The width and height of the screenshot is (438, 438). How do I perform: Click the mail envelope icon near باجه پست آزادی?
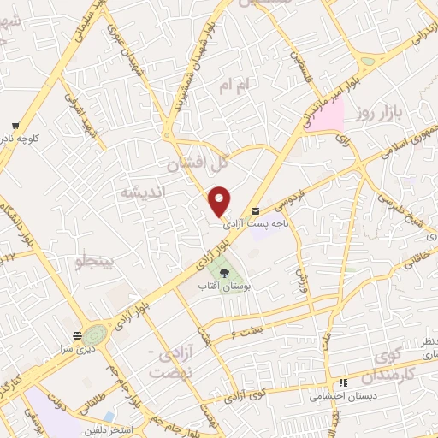coord(254,211)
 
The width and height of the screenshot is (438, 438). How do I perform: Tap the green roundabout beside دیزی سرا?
coord(95,334)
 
